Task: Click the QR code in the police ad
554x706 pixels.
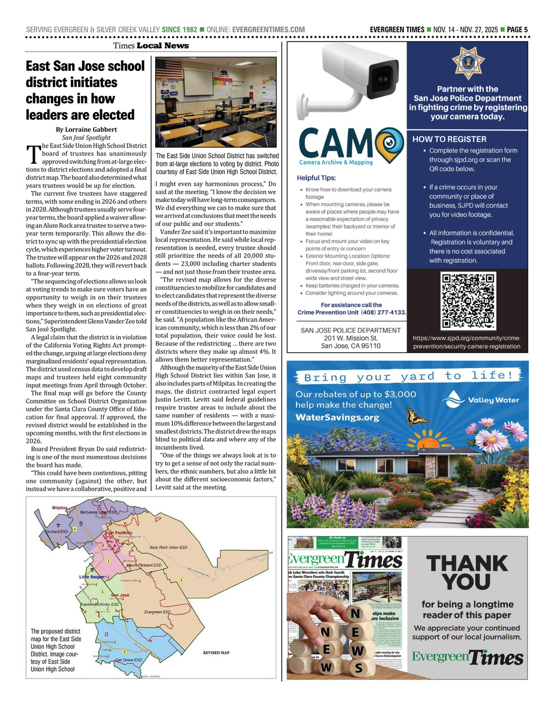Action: point(468,302)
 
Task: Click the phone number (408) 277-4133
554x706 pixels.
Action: point(383,312)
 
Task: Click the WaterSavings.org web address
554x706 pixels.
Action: point(337,418)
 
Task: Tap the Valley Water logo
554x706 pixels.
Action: point(483,399)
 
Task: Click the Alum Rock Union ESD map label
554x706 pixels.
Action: point(168,547)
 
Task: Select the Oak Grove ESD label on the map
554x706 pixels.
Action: point(128,660)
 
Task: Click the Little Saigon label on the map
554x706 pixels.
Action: point(91,577)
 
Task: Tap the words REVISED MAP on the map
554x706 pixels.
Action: point(216,653)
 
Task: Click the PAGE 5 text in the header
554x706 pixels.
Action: point(517,29)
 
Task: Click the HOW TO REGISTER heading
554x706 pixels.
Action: point(449,139)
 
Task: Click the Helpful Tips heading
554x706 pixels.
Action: point(316,178)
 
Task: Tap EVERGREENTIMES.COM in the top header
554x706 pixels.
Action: point(269,29)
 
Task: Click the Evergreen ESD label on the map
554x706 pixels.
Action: point(157,612)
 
